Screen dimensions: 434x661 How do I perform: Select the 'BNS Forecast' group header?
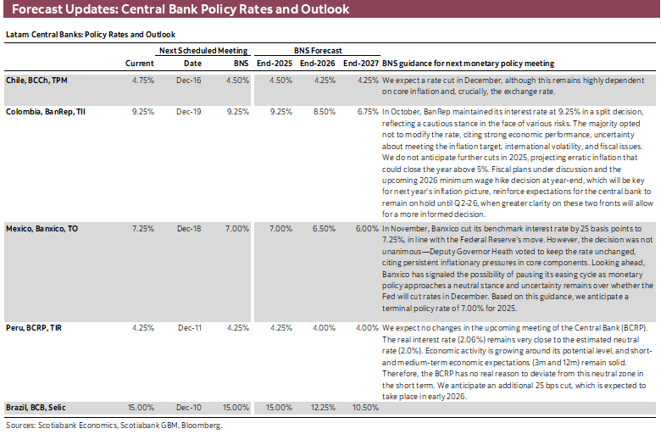[317, 52]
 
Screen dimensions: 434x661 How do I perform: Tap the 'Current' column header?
[140, 64]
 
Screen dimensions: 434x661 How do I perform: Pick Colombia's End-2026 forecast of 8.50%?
[319, 111]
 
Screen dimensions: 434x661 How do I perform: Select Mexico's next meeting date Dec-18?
[188, 229]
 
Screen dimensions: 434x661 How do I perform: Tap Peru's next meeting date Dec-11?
[188, 327]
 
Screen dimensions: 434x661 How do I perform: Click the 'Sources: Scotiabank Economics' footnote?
[113, 426]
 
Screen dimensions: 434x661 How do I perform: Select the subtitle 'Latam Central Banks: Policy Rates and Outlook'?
[91, 35]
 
